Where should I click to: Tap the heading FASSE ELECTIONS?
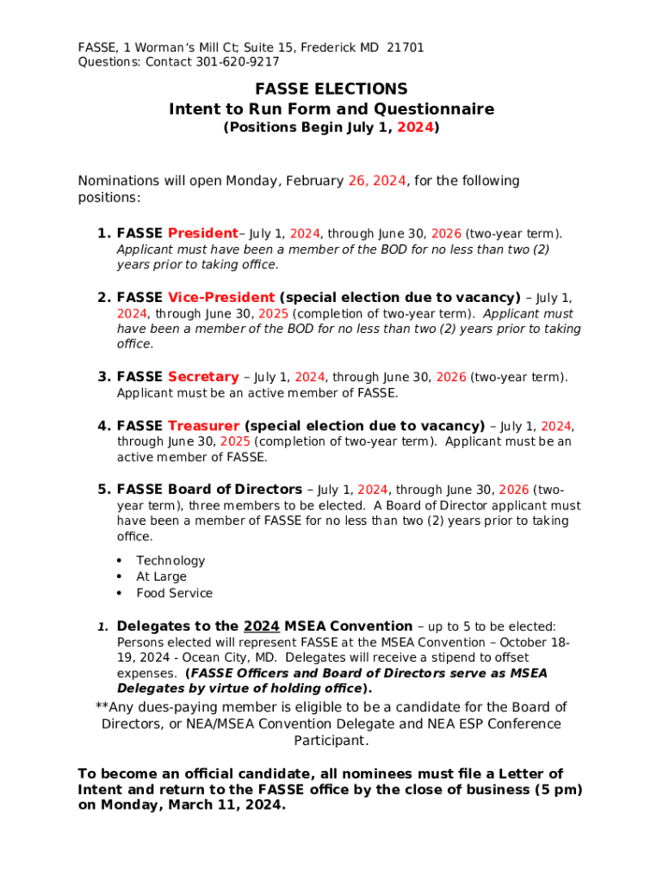pyautogui.click(x=331, y=89)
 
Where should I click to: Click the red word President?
pyautogui.click(x=202, y=233)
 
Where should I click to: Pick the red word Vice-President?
pyautogui.click(x=221, y=298)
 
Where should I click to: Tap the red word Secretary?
pyautogui.click(x=203, y=377)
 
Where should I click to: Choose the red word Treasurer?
pyautogui.click(x=204, y=426)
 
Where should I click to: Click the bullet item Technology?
pyautogui.click(x=170, y=561)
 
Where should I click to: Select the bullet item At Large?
pyautogui.click(x=161, y=577)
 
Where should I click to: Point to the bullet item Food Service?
pyautogui.click(x=174, y=594)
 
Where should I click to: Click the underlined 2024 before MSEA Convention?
pyautogui.click(x=262, y=626)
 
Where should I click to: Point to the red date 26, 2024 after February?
pyautogui.click(x=376, y=181)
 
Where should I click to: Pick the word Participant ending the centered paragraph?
pyautogui.click(x=331, y=741)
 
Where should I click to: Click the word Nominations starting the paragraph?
pyautogui.click(x=119, y=181)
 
